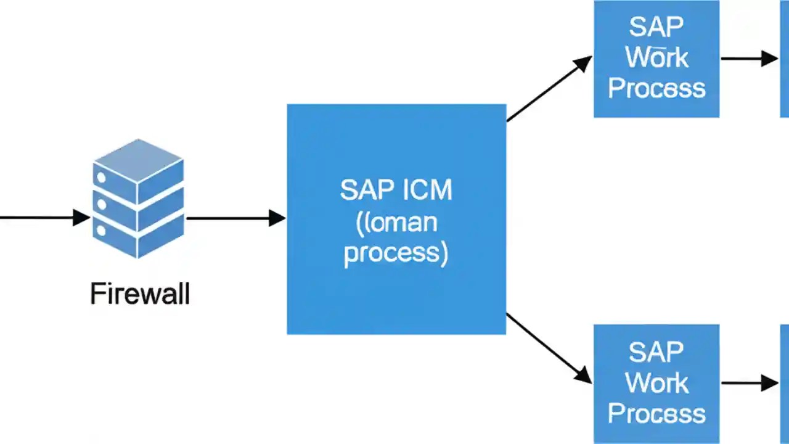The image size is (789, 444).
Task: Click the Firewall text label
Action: coord(140,294)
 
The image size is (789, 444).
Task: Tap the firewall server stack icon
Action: coord(138,199)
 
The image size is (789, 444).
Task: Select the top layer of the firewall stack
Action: coord(138,162)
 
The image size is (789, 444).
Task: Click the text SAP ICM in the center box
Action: coord(396,191)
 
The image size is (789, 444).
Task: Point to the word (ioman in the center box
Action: coord(396,222)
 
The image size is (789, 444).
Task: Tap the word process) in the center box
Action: coord(396,253)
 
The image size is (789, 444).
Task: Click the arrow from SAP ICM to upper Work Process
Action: coord(549,89)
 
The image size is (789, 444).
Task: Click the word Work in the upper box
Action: coord(656,57)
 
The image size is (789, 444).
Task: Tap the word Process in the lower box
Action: coord(656,413)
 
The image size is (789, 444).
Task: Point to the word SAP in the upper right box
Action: coord(656,27)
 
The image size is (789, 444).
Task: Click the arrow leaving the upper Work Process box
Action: coord(749,59)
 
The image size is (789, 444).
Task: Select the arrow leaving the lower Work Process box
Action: coord(749,383)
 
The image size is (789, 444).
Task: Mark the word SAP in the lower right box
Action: coord(656,352)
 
